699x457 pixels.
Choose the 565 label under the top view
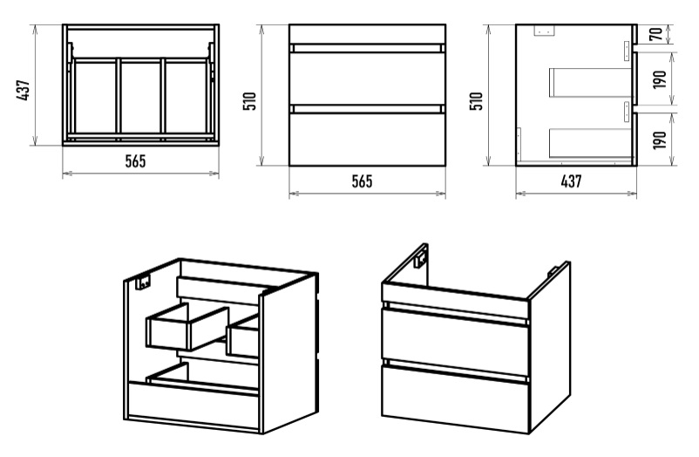click(135, 161)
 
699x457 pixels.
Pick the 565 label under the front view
click(362, 181)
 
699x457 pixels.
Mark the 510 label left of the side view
click(476, 100)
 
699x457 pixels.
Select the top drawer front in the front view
click(366, 78)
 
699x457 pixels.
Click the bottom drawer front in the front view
click(366, 137)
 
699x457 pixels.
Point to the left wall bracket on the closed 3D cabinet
click(422, 257)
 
